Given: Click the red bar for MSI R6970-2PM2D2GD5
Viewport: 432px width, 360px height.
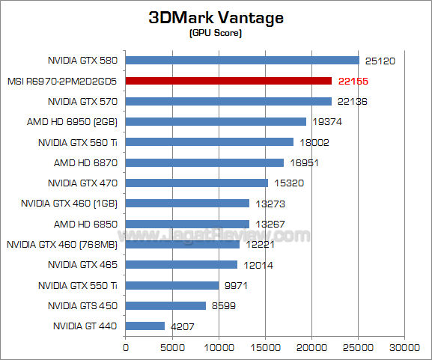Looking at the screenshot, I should (228, 80).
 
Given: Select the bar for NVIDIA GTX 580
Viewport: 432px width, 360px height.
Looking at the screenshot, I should (243, 60).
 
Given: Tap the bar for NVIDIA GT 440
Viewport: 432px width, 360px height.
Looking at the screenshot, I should (145, 326).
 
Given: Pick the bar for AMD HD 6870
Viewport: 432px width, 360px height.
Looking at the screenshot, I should (204, 162).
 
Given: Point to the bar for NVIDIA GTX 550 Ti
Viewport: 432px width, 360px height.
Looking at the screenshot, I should (172, 285).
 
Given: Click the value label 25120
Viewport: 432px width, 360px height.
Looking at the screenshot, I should (380, 60).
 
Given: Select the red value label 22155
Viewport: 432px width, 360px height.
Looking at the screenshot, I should (353, 81).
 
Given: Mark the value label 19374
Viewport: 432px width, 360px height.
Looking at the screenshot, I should (327, 121).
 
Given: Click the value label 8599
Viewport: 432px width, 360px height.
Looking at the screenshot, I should (224, 305).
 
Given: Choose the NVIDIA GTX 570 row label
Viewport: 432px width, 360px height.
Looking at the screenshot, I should (83, 101).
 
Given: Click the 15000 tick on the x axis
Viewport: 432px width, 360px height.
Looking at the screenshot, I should (266, 347).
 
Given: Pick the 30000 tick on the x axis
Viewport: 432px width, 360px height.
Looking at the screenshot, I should (405, 347).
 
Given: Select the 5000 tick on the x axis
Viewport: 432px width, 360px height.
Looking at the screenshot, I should (172, 347).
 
